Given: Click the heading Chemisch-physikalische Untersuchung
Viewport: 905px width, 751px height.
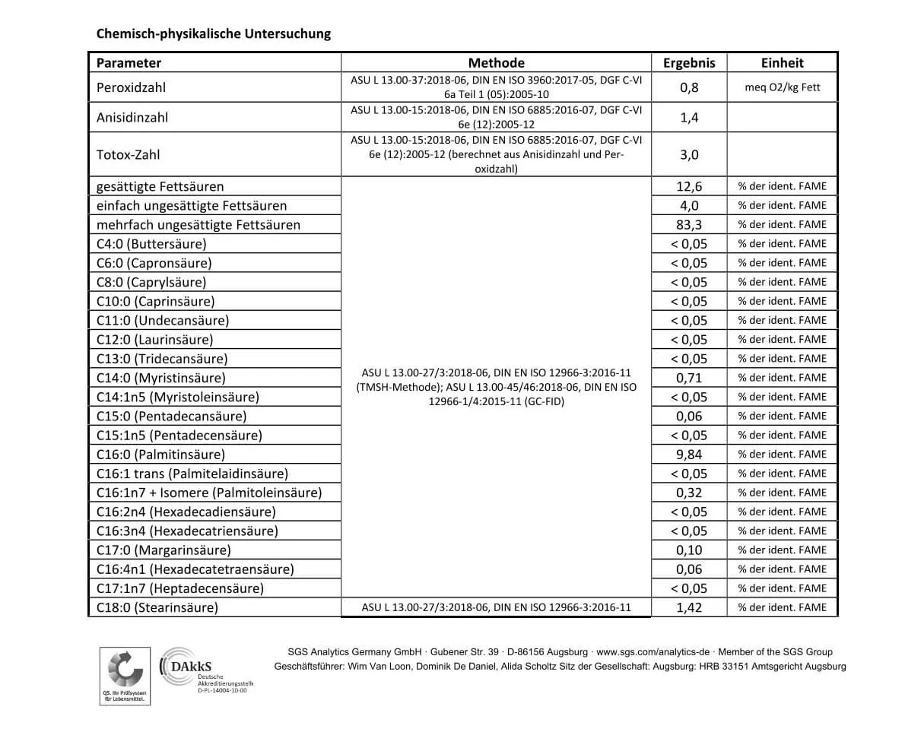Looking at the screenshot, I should pyautogui.click(x=213, y=33).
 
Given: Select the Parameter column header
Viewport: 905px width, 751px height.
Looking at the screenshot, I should pyautogui.click(x=129, y=63).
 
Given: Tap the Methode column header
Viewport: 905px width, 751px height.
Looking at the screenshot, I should pyautogui.click(x=496, y=63).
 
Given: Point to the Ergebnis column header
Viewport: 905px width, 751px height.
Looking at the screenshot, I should pyautogui.click(x=689, y=63).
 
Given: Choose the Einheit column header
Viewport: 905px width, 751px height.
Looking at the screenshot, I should pyautogui.click(x=782, y=63).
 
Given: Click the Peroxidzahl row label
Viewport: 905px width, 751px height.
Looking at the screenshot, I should pyautogui.click(x=131, y=87).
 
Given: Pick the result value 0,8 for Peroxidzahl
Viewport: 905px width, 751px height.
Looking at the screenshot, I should pyautogui.click(x=689, y=87).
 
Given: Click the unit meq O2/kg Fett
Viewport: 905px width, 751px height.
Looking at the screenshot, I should pyautogui.click(x=782, y=87).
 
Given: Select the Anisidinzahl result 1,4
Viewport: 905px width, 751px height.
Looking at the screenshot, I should pyautogui.click(x=689, y=117).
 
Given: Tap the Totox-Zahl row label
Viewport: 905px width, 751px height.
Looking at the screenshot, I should pyautogui.click(x=128, y=154).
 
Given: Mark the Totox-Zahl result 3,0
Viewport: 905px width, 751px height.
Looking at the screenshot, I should pyautogui.click(x=689, y=154).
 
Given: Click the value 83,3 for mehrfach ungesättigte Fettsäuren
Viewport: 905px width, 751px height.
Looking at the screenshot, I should pyautogui.click(x=689, y=224).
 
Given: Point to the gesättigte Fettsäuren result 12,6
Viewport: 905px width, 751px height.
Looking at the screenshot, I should pyautogui.click(x=689, y=186).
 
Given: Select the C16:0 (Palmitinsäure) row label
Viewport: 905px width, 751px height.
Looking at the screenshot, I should pyautogui.click(x=160, y=455).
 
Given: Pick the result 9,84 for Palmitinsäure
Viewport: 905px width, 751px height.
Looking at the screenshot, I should pyautogui.click(x=689, y=455).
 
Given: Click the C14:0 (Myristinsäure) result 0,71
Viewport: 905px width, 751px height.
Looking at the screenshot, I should pyautogui.click(x=689, y=378).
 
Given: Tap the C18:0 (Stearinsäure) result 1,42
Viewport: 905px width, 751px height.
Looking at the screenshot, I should pyautogui.click(x=689, y=607).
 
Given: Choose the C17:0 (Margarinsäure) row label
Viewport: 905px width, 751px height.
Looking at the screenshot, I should pyautogui.click(x=164, y=550).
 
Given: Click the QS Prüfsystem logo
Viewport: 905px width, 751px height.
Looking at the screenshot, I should pyautogui.click(x=125, y=675).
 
